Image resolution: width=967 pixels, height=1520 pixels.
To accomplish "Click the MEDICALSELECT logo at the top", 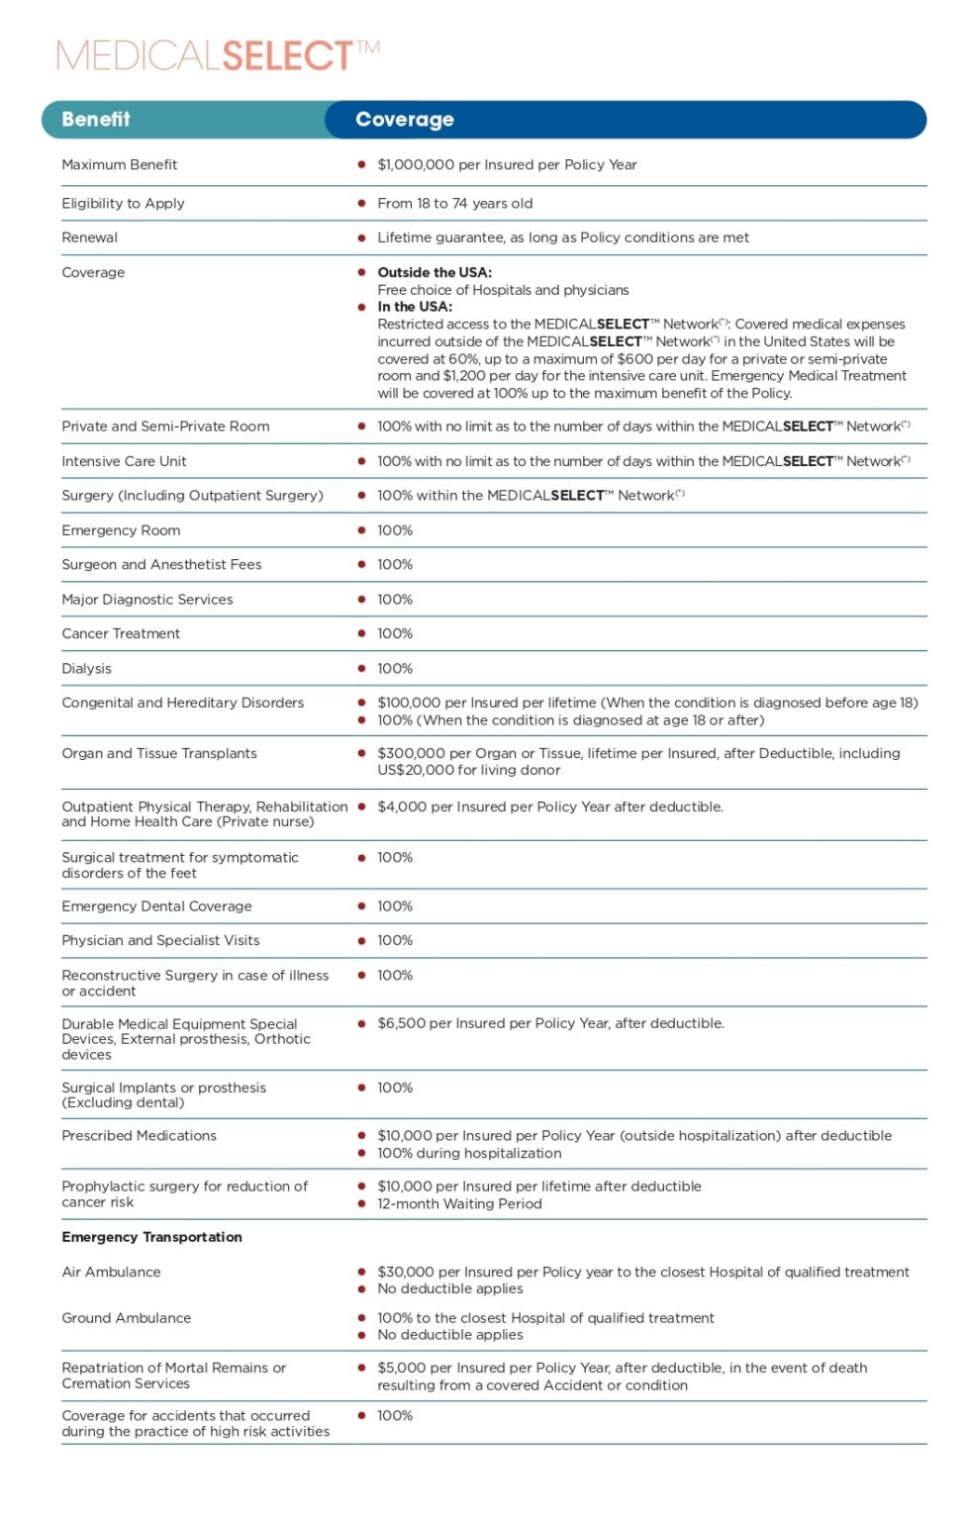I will point(218,55).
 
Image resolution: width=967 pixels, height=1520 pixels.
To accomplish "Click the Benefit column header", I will point(96,120).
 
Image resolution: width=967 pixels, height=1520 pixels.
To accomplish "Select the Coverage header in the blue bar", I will point(405,120).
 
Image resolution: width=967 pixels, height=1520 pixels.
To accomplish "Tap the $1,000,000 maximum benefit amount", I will point(416,165).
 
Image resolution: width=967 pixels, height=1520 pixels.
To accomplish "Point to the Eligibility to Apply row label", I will point(123,204).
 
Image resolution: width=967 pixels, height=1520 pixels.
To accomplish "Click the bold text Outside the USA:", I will point(435,273).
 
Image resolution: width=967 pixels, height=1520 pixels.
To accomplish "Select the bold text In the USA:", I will point(415,307).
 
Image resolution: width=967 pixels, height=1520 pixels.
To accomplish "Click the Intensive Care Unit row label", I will point(124,462).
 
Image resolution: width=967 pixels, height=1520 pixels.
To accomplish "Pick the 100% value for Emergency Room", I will point(395,531).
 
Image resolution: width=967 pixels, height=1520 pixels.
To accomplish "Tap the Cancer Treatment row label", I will point(121,634).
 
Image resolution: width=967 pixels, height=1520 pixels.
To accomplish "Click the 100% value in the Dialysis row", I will point(395,669).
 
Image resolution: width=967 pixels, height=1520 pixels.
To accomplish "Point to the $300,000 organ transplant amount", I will point(411,754).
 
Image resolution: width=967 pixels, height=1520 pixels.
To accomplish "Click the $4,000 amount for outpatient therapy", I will point(401,807).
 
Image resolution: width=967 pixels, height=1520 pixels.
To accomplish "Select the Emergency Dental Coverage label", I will point(156,907).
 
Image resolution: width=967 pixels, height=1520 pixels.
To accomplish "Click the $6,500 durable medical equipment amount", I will point(401,1024).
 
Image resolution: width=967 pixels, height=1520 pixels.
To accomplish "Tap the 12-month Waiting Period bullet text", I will point(459,1205).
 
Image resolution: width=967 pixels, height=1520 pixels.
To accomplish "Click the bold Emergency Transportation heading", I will point(151,1238).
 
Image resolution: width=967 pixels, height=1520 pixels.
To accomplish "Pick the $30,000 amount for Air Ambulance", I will point(405,1273).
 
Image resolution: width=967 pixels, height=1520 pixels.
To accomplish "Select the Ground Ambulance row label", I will point(126,1319).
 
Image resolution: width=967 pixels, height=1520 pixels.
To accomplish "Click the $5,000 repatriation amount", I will point(401,1369).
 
